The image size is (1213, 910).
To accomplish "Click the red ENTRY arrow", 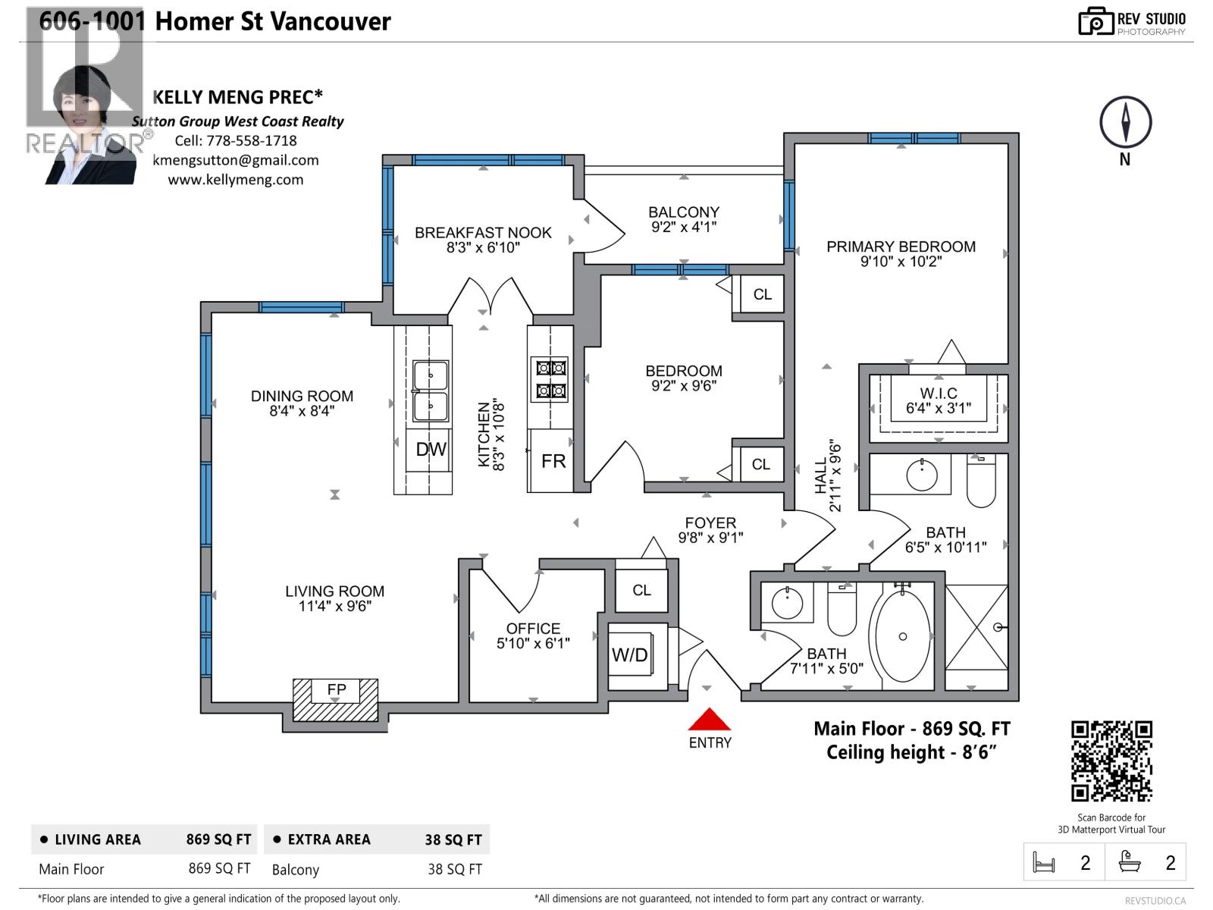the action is [709, 719].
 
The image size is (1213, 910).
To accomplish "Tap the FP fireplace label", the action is [336, 689].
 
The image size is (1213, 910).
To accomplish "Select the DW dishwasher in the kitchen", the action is [431, 449].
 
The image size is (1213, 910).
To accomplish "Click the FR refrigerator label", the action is [553, 461].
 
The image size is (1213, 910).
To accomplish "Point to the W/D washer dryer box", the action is [631, 654].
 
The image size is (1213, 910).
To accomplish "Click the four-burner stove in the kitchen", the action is [550, 379].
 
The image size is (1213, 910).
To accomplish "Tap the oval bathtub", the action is [902, 636].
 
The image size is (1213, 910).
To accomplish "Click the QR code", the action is [1111, 761].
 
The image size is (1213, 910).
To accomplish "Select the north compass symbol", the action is [1125, 123].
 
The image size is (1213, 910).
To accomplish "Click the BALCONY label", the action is [684, 212].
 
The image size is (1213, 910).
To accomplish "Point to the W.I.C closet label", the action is [939, 394].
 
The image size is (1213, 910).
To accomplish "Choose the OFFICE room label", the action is [533, 628].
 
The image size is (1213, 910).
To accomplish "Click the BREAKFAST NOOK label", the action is [483, 233].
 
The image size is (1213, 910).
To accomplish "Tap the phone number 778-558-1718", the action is [252, 141].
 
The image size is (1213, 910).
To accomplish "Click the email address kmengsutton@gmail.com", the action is [236, 160].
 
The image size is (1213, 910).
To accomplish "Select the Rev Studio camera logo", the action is [1095, 21].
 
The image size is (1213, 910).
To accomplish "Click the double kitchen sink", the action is [431, 391].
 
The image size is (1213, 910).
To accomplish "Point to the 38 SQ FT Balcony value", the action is [454, 869].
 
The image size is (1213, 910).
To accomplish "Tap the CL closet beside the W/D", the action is [641, 590].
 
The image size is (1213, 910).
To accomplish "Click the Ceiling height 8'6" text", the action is [911, 752].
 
